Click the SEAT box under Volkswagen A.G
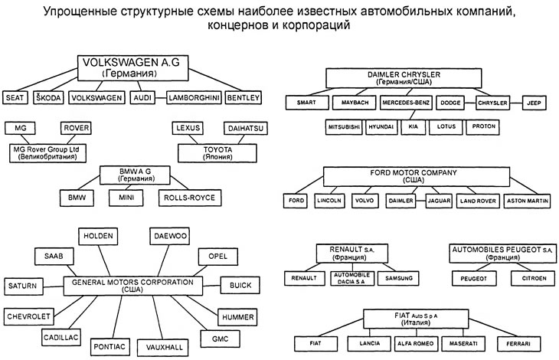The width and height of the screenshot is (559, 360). click(x=16, y=97)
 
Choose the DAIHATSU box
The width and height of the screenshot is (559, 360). click(x=244, y=128)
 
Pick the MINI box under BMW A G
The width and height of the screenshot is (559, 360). click(x=126, y=198)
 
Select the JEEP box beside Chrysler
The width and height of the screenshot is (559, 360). click(x=534, y=101)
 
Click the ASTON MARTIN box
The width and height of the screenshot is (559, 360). click(x=525, y=201)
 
